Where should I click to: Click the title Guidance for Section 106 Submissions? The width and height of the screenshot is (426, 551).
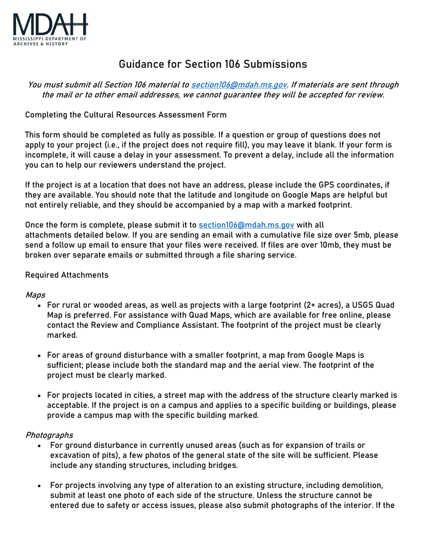pos(213,64)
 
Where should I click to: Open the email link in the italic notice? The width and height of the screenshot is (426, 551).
pos(239,85)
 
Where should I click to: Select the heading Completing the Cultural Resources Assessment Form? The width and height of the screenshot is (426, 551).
pos(126,115)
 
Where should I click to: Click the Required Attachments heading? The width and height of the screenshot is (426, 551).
pos(67,275)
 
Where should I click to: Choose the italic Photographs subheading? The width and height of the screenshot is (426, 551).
pos(49,435)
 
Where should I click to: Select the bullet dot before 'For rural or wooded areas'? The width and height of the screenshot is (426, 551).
pos(40,306)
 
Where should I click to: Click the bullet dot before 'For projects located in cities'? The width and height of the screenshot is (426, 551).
pos(40,395)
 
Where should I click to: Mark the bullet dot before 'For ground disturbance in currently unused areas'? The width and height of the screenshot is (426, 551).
pos(40,445)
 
